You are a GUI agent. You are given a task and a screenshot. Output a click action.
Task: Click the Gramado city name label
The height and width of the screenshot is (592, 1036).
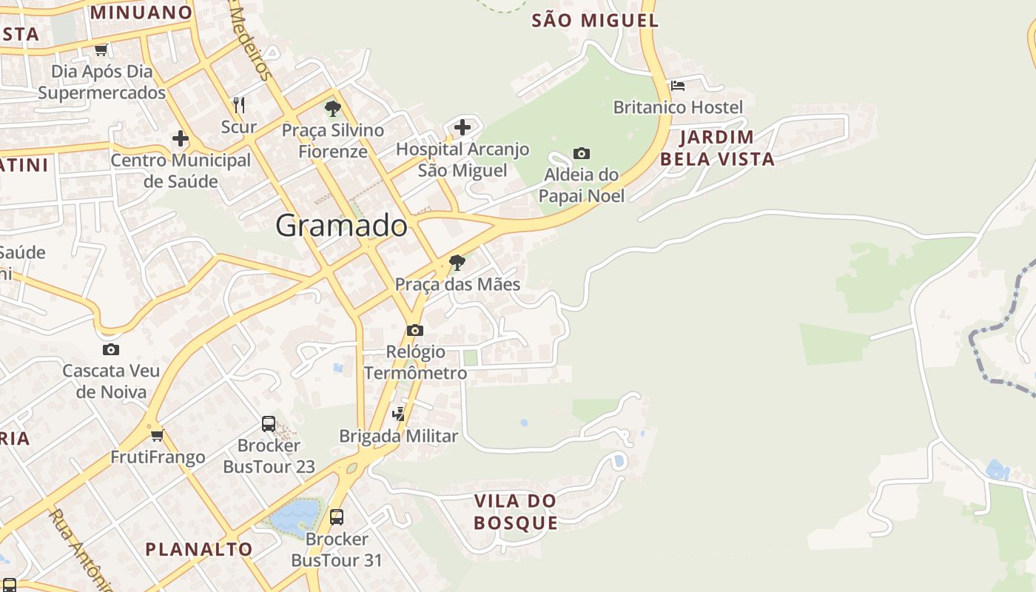(341, 226)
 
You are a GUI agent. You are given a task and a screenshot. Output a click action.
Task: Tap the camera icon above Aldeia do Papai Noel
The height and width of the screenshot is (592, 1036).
(582, 153)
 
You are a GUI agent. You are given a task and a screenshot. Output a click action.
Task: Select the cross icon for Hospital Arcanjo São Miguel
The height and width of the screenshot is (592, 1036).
(462, 127)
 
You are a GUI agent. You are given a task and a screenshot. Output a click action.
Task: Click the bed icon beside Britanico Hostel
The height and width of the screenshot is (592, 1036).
(677, 85)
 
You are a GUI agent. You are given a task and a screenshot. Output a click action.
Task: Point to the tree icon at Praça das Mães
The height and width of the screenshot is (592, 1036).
(457, 262)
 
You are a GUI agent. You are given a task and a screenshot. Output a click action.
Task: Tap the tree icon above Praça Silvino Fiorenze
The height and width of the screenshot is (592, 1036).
(333, 109)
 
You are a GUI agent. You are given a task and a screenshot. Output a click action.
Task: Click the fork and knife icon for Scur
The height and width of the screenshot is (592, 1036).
(238, 104)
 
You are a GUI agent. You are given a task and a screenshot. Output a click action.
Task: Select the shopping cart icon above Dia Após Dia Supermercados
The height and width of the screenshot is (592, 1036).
(101, 50)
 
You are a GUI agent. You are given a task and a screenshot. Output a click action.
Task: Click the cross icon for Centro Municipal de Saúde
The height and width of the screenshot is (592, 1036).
(180, 138)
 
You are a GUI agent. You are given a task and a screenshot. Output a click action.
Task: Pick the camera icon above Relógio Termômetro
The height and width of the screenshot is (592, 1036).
(415, 330)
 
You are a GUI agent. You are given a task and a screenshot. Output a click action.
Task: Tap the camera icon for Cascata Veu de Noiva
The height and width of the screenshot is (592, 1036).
(111, 349)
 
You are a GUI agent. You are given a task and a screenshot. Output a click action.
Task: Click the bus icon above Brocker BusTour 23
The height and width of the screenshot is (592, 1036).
(269, 424)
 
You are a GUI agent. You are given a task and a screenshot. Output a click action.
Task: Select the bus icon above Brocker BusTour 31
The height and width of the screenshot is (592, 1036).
(337, 517)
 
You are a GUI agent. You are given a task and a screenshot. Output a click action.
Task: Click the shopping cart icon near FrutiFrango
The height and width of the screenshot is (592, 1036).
(157, 435)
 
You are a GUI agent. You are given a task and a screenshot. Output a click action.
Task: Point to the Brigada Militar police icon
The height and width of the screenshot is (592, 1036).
(399, 414)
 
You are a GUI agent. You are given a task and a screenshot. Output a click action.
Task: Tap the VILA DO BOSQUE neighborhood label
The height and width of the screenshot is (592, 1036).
(516, 511)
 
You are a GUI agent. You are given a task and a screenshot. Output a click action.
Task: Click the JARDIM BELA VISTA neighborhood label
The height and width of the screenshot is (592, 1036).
(717, 147)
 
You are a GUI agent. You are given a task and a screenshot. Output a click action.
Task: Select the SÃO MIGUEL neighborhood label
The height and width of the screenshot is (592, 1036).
(595, 20)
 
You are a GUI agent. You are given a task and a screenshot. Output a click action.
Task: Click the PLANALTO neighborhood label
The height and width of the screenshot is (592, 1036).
(198, 549)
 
